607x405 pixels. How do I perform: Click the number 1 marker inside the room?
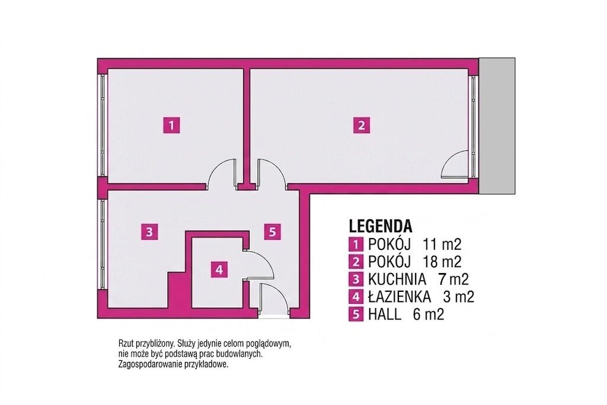(172, 126)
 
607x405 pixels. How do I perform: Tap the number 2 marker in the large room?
(361, 126)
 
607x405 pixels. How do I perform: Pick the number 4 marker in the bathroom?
(219, 269)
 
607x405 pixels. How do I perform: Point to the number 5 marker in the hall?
(273, 232)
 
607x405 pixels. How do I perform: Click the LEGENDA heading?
(381, 226)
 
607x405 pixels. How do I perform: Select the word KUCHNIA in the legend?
(397, 279)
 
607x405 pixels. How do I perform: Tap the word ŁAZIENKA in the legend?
(400, 297)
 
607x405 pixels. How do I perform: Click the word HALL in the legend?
(385, 314)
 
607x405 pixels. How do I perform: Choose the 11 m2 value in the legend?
(442, 245)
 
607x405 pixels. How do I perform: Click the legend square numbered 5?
(356, 314)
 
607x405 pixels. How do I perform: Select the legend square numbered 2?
(356, 262)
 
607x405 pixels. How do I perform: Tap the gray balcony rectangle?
(497, 126)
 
